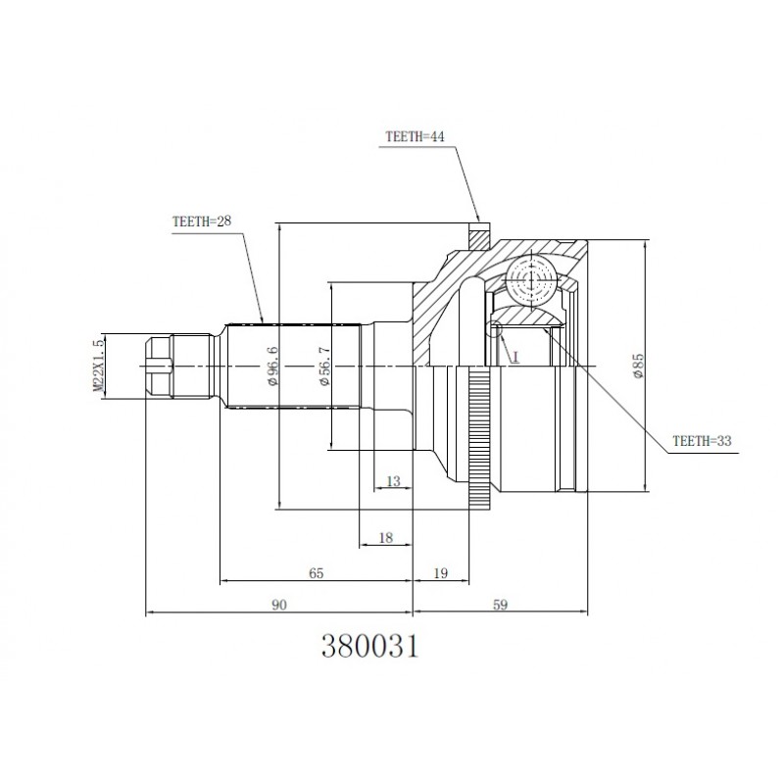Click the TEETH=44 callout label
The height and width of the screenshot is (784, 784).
point(415,136)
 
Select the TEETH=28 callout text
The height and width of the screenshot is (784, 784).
point(202,221)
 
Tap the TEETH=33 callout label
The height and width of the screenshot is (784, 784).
point(702,440)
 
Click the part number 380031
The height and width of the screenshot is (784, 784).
point(369,646)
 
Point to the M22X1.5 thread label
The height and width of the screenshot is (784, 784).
point(99,365)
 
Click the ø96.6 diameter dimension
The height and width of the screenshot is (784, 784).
point(273,366)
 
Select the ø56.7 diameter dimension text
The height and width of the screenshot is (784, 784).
point(324,366)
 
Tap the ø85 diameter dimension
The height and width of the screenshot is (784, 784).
point(639,366)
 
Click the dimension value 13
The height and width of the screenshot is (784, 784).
point(394,481)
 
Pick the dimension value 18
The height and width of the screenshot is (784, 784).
point(386,537)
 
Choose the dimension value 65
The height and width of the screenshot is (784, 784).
point(316,573)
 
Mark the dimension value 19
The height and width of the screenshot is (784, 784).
point(440,573)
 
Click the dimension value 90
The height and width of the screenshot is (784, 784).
point(279,605)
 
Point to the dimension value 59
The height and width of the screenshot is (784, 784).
point(500,605)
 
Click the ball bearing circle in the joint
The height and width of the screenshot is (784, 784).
point(530,278)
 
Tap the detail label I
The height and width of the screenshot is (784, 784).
point(515,357)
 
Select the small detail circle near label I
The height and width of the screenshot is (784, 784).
point(494,328)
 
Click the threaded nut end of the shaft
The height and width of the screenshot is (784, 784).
point(159,367)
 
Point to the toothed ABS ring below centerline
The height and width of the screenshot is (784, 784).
point(480,437)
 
